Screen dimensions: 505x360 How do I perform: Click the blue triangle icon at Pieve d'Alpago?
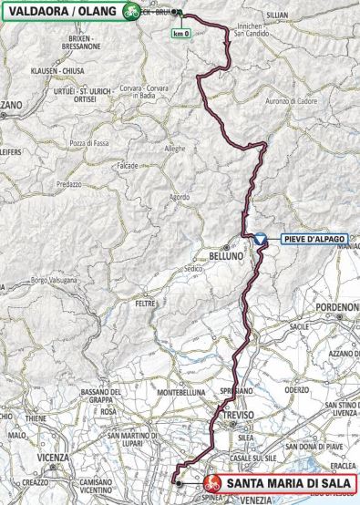260,238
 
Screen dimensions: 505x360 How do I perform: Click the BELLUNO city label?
225,256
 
